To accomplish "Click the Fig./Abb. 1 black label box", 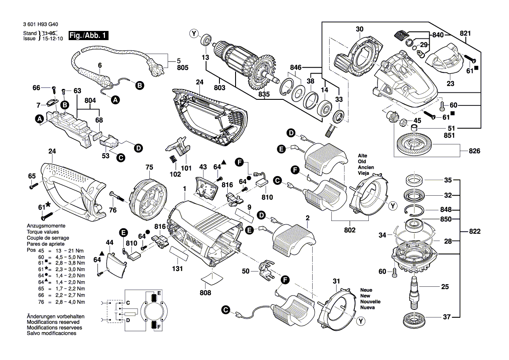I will tap(89, 36).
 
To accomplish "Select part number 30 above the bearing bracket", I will tap(359, 29).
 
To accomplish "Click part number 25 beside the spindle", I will tap(445, 287).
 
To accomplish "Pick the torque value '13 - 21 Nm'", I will tap(69, 251).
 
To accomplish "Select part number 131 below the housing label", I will tap(177, 269).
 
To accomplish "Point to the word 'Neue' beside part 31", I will tap(366, 290).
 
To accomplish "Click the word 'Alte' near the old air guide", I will tap(363, 156).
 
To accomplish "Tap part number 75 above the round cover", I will tap(149, 167).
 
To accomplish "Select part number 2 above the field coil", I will tap(307, 217).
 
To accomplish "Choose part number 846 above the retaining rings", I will tap(296, 68).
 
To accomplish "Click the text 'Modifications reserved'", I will tap(51, 322).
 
